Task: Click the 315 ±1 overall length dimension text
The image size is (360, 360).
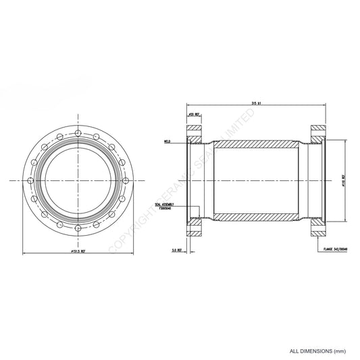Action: (x=255, y=103)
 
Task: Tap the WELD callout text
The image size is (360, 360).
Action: (x=165, y=142)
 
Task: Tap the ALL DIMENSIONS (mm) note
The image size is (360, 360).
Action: (x=317, y=351)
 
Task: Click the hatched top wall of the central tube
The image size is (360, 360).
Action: (x=254, y=145)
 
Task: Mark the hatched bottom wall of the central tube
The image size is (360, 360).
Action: (x=254, y=217)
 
